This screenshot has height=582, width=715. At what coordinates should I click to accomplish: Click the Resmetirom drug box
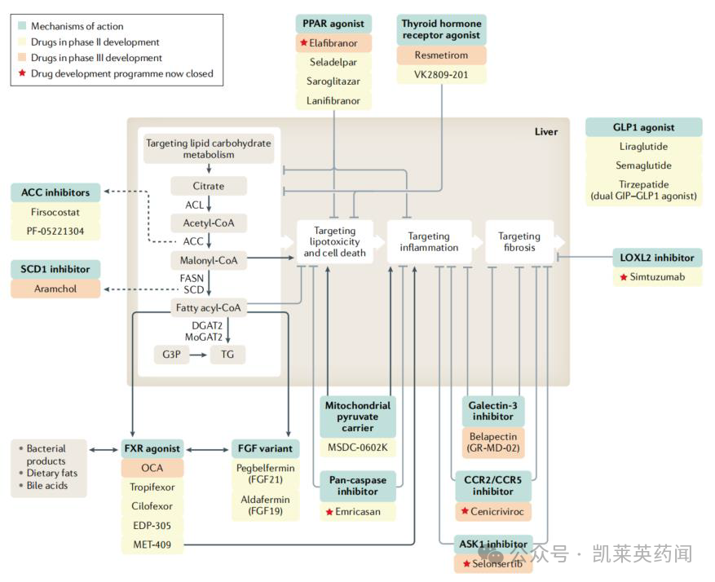click(441, 55)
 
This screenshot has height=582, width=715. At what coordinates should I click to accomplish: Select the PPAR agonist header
click(333, 24)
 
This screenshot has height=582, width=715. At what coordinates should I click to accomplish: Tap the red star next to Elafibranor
click(303, 42)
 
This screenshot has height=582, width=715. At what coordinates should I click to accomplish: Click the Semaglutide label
click(642, 165)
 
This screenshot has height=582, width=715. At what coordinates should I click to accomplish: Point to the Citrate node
click(209, 186)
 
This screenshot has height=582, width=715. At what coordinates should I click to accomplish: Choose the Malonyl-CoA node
click(209, 261)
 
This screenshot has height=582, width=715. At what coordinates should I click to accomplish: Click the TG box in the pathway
click(227, 355)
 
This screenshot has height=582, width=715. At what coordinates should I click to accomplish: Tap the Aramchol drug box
click(55, 289)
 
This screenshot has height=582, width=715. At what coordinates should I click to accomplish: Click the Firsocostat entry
click(55, 212)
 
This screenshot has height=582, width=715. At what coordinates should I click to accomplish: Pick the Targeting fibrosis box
click(519, 241)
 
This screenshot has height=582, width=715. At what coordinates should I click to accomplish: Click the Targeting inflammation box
click(429, 241)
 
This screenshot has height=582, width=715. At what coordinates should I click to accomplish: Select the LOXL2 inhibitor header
click(656, 258)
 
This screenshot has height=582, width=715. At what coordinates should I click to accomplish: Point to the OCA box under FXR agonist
click(153, 468)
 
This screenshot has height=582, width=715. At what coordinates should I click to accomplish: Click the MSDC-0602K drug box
click(358, 448)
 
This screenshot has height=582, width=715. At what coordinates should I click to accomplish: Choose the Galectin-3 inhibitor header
click(493, 411)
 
